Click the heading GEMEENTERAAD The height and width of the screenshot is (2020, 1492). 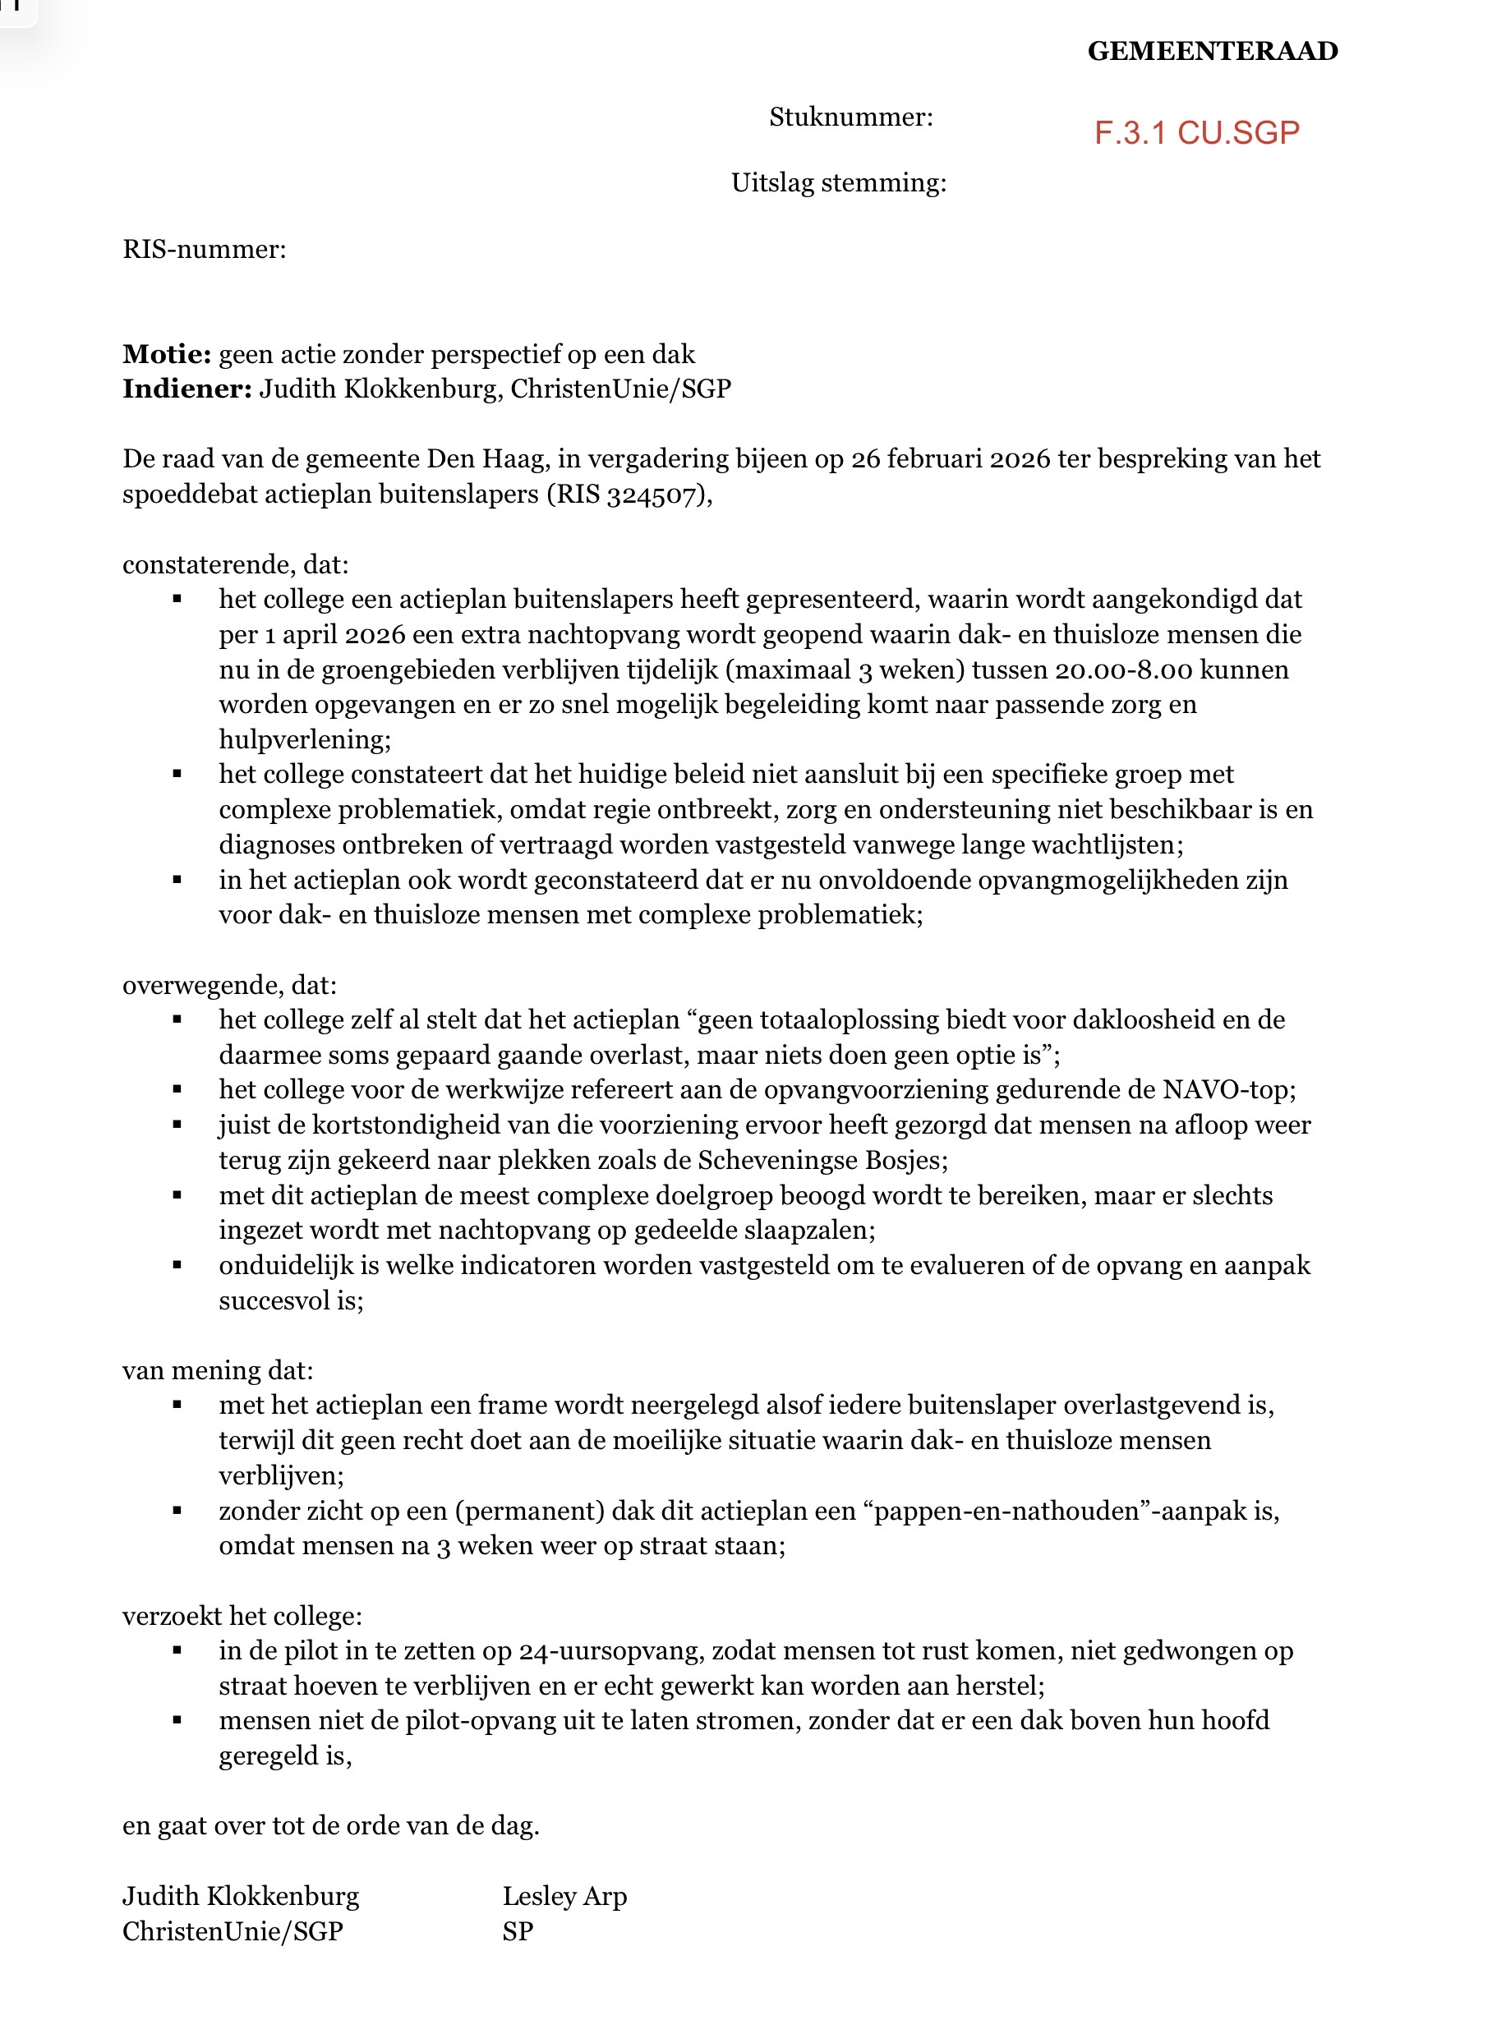pyautogui.click(x=1212, y=51)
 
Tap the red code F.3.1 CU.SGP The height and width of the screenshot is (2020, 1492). pyautogui.click(x=1197, y=133)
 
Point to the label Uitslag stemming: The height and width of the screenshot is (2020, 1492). pyautogui.click(x=838, y=182)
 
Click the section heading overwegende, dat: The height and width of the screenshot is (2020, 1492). pyautogui.click(x=229, y=984)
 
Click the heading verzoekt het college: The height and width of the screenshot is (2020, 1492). pyautogui.click(x=242, y=1616)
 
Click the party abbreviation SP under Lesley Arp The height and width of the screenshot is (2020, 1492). pyautogui.click(x=518, y=1931)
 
